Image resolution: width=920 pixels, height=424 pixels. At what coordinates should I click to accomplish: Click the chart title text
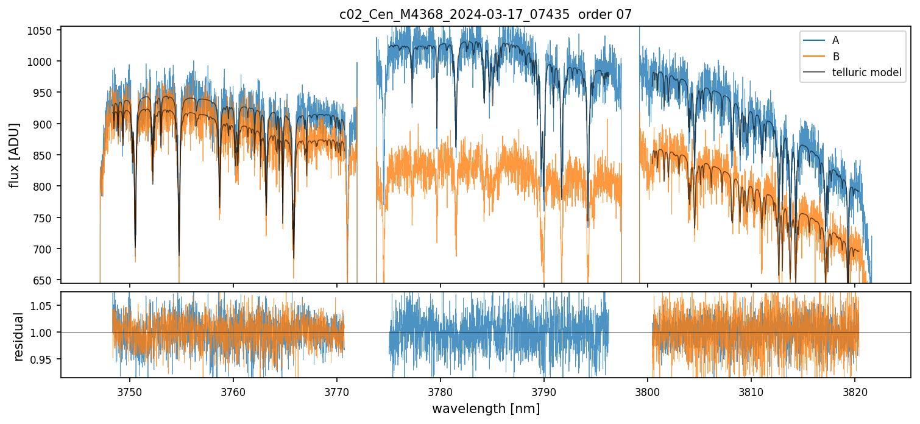(485, 15)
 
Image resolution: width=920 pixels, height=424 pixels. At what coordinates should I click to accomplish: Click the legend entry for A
(835, 40)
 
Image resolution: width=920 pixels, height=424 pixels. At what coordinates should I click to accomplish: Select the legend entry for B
(835, 57)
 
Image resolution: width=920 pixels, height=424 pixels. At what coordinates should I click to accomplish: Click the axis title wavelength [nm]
(486, 408)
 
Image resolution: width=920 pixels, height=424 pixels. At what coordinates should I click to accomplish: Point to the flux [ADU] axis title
(14, 155)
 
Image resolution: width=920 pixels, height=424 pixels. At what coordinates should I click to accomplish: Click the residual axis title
(18, 336)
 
